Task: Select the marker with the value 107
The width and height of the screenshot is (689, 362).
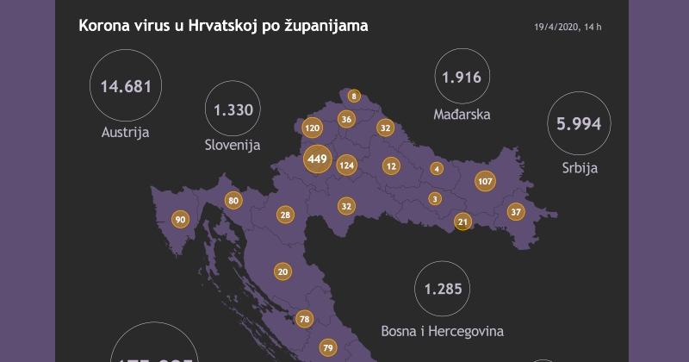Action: (485, 182)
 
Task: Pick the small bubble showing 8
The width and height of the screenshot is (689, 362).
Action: (354, 96)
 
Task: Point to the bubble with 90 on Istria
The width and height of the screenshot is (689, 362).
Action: (180, 220)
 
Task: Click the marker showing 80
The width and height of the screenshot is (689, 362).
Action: (233, 201)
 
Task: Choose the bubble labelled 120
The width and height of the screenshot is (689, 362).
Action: (313, 128)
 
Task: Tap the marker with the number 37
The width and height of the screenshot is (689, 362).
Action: (516, 211)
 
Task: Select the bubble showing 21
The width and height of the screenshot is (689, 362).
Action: (463, 222)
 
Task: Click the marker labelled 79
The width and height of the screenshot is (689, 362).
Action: (327, 348)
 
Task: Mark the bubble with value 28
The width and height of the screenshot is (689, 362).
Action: (286, 215)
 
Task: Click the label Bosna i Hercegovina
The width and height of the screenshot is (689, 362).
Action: (442, 330)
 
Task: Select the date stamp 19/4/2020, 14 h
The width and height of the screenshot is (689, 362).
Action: (568, 28)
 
